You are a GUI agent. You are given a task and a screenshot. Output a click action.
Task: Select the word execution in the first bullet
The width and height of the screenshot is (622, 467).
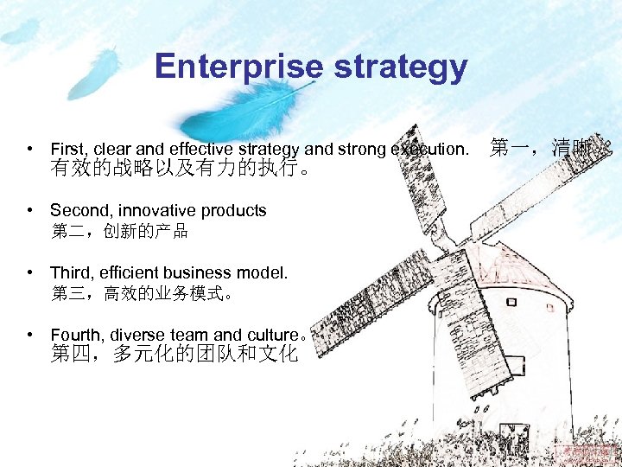click(x=428, y=149)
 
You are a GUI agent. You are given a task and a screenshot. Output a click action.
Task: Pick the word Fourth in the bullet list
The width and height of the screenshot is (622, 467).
click(x=75, y=335)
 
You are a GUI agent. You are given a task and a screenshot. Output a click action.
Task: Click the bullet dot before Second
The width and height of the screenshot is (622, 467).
click(x=30, y=210)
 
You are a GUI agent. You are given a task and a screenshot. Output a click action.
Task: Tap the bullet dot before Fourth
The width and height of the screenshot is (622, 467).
click(x=30, y=334)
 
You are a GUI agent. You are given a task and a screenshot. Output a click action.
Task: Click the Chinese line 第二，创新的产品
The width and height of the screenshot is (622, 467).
click(x=119, y=231)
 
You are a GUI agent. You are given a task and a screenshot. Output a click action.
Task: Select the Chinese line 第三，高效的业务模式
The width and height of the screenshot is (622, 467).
click(x=143, y=293)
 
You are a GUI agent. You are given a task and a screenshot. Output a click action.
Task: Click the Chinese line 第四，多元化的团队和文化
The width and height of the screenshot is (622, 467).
click(x=174, y=354)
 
